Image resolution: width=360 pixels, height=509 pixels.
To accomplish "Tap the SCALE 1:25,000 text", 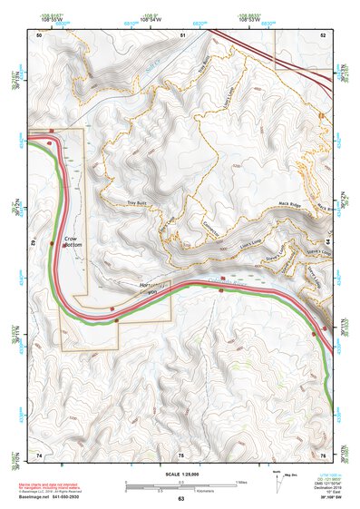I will [x=180, y=473].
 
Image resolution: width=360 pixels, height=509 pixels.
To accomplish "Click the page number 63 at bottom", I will [x=180, y=499].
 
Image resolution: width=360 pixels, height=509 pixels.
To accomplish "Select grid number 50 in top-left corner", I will [x=39, y=34].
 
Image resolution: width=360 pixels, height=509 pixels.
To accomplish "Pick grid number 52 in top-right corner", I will [x=323, y=34].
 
